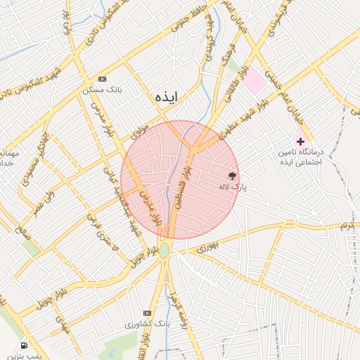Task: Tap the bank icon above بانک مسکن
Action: (x=103, y=78)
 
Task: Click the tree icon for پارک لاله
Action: (x=233, y=175)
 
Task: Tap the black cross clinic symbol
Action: (x=301, y=141)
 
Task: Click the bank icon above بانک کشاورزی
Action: (x=147, y=312)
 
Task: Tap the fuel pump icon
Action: (x=24, y=346)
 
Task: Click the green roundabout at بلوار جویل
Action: (x=165, y=250)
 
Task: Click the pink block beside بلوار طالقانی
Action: (x=255, y=83)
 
